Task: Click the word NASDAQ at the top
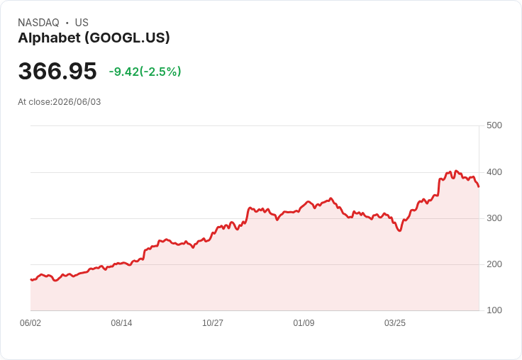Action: point(38,23)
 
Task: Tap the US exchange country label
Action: point(82,23)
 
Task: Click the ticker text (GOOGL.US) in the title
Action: point(127,38)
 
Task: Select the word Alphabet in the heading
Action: point(49,38)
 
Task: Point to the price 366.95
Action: point(57,71)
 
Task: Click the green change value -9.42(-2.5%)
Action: point(145,72)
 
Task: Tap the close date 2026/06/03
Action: point(77,102)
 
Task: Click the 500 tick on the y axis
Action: point(494,125)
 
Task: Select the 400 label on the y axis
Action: point(494,172)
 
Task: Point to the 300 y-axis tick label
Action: point(494,218)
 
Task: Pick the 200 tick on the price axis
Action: point(494,264)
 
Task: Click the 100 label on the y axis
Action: point(494,310)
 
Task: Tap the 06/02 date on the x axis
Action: point(30,322)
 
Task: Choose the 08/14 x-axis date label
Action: point(121,322)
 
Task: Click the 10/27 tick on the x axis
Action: point(213,322)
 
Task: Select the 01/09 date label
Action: point(304,322)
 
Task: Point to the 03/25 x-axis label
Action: point(395,322)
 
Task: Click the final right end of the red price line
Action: point(479,186)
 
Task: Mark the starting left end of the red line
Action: point(31,279)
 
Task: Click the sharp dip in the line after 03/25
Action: point(400,230)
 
